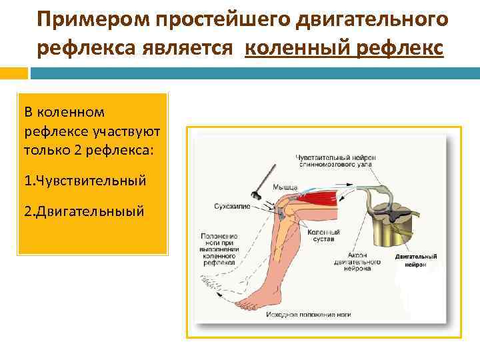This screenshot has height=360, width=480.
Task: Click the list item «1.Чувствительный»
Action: [x=85, y=180]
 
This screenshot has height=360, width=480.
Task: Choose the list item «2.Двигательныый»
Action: [x=83, y=211]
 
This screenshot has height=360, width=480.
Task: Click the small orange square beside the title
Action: [x=14, y=70]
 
